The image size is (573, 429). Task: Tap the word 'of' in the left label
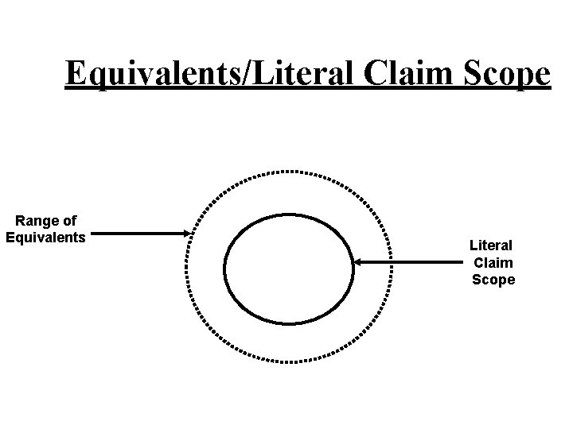point(68,222)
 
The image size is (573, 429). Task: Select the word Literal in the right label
point(492,247)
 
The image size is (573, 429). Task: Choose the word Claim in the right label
point(493,263)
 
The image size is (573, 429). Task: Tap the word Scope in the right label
point(493,279)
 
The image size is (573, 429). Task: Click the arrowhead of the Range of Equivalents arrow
point(188,234)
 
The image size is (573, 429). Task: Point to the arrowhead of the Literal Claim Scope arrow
point(357,261)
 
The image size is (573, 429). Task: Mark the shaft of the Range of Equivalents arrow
point(139,234)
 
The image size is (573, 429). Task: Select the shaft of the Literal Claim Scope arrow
point(410,261)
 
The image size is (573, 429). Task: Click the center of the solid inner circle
point(289,269)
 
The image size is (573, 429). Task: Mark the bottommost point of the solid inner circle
point(289,323)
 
